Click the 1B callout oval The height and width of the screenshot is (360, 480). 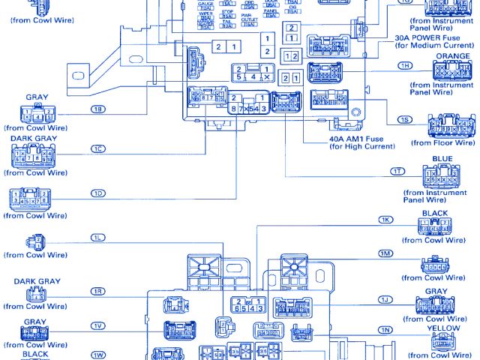point(97,109)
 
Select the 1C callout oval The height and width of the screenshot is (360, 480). point(97,148)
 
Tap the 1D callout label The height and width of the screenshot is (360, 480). point(97,193)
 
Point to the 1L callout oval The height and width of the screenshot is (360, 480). point(97,238)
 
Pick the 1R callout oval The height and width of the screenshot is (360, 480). point(97,290)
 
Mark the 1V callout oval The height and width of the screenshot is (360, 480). point(97,325)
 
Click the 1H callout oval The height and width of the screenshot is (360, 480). point(406,67)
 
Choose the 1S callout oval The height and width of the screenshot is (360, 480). point(405,120)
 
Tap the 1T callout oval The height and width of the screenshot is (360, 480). point(397,172)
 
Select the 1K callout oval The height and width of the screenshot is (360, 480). point(386,220)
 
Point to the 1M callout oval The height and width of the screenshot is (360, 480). point(385,253)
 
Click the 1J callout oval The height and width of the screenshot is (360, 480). point(385,300)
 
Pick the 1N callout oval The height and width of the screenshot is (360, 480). point(385,330)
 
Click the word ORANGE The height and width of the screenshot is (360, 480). point(453,56)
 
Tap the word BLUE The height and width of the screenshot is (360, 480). point(442,159)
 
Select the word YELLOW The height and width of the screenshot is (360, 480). point(443,328)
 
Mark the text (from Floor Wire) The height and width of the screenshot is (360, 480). point(444,142)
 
